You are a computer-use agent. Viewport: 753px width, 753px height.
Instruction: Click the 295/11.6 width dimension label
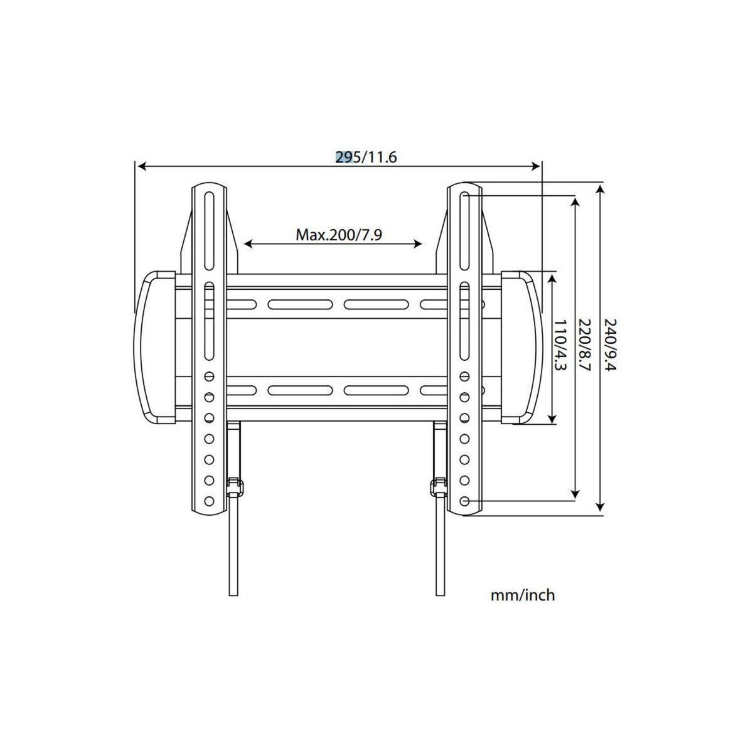click(366, 157)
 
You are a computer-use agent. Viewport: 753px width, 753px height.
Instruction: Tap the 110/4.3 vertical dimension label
click(560, 345)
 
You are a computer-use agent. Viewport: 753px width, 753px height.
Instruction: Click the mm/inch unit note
click(523, 595)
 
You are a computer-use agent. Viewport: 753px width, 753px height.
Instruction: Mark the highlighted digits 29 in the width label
click(343, 157)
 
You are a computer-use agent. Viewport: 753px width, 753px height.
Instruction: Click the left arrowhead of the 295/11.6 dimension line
click(141, 166)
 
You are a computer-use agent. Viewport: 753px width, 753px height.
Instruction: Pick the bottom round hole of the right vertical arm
click(464, 501)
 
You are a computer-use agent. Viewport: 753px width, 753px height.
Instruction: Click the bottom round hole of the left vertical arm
click(209, 501)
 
